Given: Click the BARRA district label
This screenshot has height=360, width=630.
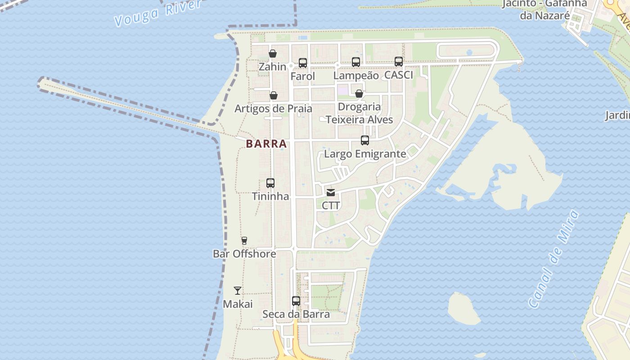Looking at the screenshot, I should point(266,144).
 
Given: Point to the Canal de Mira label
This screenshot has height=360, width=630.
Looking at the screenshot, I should point(553,259).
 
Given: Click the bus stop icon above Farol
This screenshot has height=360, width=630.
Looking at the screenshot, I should point(303,63).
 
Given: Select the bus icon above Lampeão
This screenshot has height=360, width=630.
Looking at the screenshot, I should point(356,62).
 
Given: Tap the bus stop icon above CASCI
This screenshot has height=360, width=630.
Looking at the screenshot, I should point(399,62).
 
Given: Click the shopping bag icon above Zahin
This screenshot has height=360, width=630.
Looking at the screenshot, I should point(273,54).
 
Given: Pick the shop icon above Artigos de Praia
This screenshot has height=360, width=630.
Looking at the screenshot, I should point(274,95).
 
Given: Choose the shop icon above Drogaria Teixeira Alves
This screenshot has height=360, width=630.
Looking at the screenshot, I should point(359,94).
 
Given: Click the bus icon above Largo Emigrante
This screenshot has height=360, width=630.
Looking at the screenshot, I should point(365,140).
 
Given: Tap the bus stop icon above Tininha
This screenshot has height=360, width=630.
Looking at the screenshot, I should point(270,183).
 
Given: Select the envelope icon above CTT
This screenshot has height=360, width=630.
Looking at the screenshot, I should point(331,193).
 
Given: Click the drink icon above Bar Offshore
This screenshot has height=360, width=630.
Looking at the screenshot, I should point(244,241).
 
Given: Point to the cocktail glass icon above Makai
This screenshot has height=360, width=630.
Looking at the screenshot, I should point(238,291).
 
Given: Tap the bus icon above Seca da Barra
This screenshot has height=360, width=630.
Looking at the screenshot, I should point(296,301).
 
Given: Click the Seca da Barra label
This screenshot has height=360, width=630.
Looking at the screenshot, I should point(296,314).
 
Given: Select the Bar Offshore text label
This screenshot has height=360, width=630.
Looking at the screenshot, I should point(244,254).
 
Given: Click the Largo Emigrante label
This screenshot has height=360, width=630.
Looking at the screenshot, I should point(365,154).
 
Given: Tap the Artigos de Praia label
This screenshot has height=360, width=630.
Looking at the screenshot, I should point(273,108).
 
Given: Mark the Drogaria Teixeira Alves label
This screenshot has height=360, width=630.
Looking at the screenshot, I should point(359,113).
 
